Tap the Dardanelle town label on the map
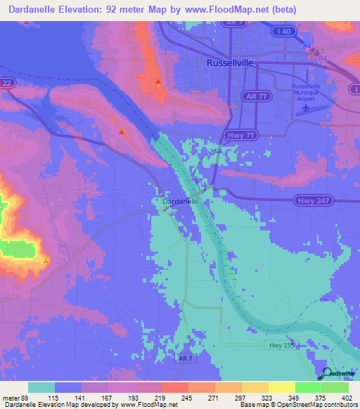(180, 202)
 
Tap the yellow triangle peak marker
(46, 261)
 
